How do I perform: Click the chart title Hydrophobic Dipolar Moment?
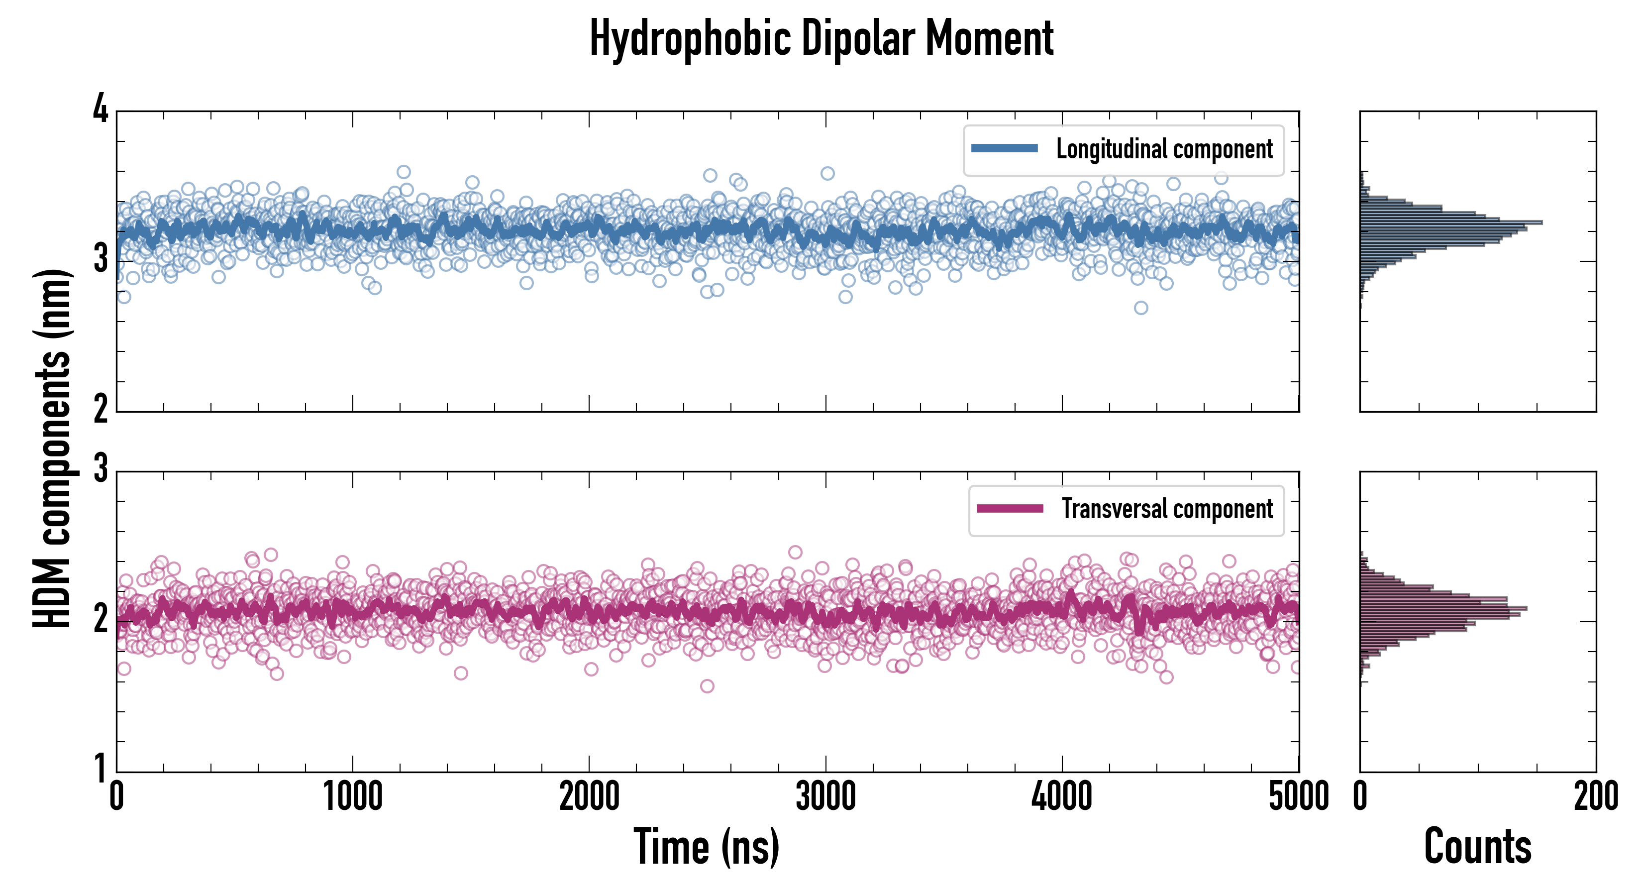[x=821, y=38]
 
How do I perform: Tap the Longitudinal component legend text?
[x=1164, y=149]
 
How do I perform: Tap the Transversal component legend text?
[x=1166, y=509]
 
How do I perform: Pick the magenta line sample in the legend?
[x=1010, y=508]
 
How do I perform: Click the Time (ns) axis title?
[x=706, y=847]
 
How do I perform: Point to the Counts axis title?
[x=1477, y=847]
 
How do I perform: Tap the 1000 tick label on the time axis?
[x=352, y=796]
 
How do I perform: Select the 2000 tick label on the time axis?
[x=589, y=796]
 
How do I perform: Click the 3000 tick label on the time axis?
[x=825, y=796]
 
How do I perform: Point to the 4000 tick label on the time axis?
[x=1062, y=796]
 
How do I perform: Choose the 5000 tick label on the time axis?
[x=1299, y=796]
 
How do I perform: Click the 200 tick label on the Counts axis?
[x=1595, y=796]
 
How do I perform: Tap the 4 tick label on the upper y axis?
[x=101, y=109]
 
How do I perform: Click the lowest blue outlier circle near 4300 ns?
[x=1140, y=308]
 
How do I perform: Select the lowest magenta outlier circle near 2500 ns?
[x=707, y=686]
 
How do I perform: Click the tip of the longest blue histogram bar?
[x=1542, y=223]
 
